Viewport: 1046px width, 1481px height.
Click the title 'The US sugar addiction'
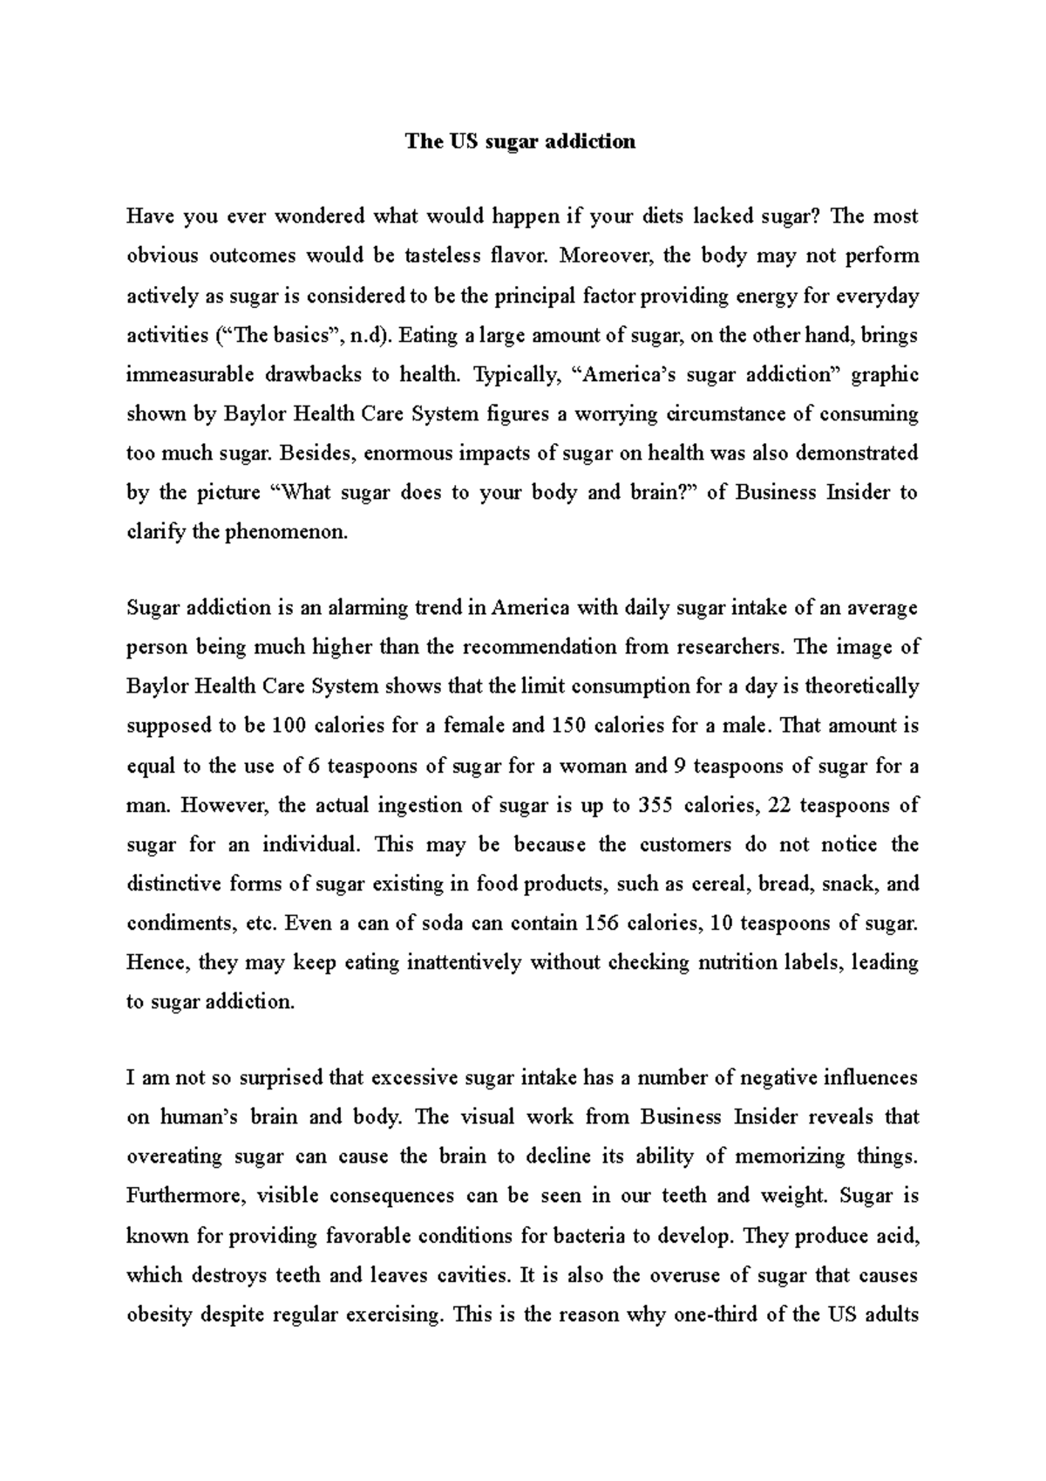[x=520, y=141]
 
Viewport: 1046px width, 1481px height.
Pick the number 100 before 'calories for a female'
[x=289, y=726]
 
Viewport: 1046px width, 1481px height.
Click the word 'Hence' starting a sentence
[x=153, y=963]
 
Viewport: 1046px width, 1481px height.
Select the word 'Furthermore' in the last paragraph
[x=185, y=1196]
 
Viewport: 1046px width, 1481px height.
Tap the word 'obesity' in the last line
[x=159, y=1314]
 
